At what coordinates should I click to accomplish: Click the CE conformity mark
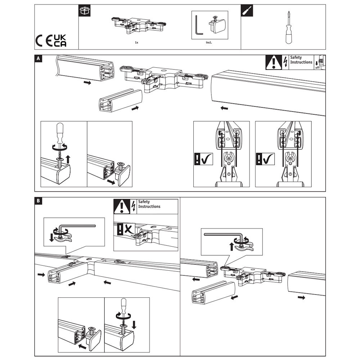click(44, 41)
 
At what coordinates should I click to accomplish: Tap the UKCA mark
click(60, 41)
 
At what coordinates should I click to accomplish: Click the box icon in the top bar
click(85, 10)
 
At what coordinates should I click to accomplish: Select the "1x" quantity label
click(136, 42)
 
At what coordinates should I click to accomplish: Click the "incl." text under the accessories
click(209, 42)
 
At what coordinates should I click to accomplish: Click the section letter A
click(39, 59)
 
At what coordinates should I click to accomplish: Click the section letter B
click(39, 201)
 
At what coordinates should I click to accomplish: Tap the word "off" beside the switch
click(317, 68)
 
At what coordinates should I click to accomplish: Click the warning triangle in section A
click(274, 63)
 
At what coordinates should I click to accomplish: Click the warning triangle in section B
click(122, 207)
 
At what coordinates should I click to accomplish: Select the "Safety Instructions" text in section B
click(149, 204)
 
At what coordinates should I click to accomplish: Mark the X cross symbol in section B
click(129, 229)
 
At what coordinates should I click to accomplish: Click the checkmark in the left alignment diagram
click(207, 159)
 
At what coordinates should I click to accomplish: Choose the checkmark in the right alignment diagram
click(269, 159)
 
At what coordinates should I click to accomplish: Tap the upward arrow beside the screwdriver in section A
click(68, 159)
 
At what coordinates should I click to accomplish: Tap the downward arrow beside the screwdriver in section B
click(134, 325)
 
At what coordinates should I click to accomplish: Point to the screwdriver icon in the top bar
click(247, 10)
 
